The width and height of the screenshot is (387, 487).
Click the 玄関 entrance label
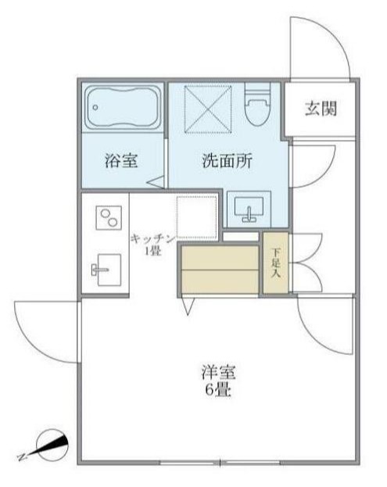321,109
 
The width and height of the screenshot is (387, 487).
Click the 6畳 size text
218,389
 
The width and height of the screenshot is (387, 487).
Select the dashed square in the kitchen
196,217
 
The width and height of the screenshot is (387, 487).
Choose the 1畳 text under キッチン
152,250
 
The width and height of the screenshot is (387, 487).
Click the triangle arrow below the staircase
188,308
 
